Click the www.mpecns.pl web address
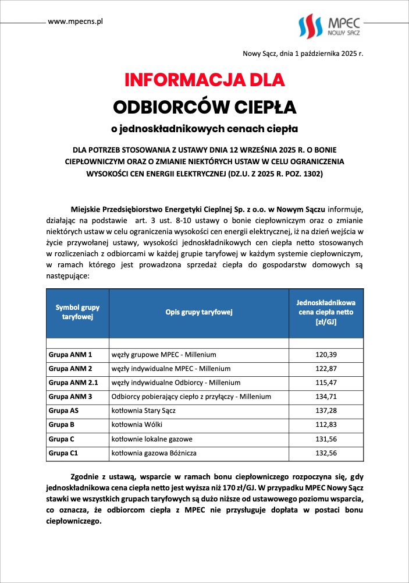75,22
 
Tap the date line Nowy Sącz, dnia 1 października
303,54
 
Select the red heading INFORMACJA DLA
204,80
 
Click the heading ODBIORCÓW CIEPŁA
204,107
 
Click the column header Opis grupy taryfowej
198,312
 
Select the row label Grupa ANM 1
70,354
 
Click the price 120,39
326,354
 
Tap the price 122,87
326,368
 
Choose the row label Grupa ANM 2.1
73,382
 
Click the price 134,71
326,396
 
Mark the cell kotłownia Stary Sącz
145,410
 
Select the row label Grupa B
61,424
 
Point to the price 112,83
326,424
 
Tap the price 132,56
326,452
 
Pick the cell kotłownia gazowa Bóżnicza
156,452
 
